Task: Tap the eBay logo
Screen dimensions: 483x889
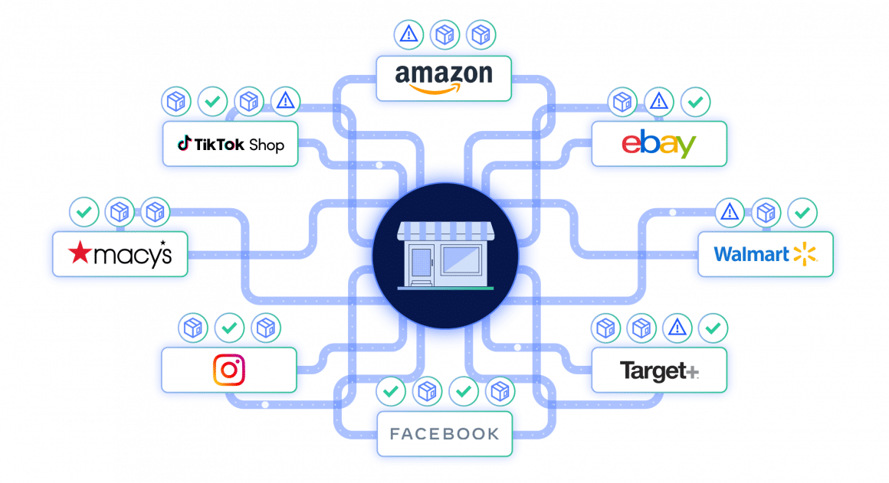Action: (x=658, y=144)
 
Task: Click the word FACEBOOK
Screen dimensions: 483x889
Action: (x=444, y=434)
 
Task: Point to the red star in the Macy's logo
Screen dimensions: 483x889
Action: (x=80, y=253)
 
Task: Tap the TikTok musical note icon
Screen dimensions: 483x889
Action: (x=184, y=143)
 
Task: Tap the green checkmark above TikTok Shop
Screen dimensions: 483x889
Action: (x=211, y=100)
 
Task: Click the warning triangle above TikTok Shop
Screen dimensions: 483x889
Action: (x=285, y=100)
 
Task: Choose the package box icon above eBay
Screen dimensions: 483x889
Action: (x=622, y=101)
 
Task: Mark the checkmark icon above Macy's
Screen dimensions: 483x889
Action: (x=83, y=212)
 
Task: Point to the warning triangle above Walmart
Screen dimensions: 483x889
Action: (x=730, y=212)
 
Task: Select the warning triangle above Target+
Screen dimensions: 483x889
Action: (x=676, y=328)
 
